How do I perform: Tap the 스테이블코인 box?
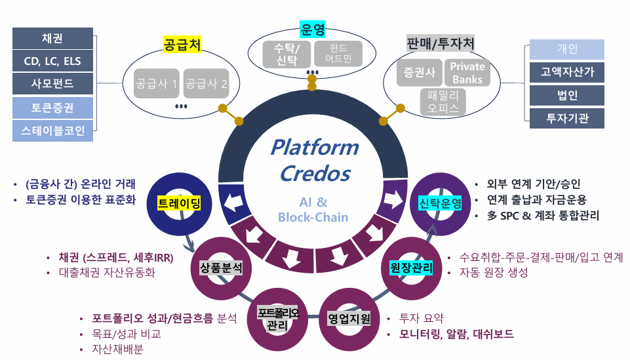tap(52, 130)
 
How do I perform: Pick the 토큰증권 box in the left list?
tap(52, 108)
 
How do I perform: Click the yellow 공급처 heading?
tap(182, 45)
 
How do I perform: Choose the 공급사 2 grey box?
tap(207, 83)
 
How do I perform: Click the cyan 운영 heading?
tap(313, 29)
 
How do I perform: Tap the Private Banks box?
tap(467, 73)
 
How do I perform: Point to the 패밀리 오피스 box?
tap(443, 102)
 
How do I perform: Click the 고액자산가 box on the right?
tap(567, 72)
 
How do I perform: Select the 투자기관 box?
tap(567, 118)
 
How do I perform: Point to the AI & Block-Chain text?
tap(313, 209)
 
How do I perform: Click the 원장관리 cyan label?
tap(406, 267)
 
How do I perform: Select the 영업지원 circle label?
tap(349, 319)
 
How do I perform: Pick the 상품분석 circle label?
tap(221, 267)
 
